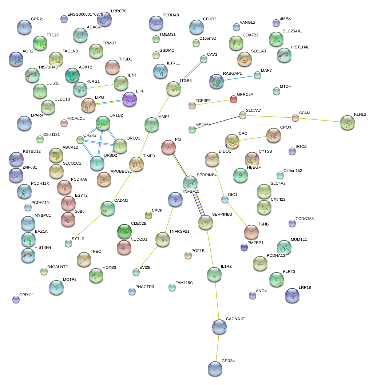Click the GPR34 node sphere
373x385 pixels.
click(215, 369)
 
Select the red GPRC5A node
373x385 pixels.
click(233, 99)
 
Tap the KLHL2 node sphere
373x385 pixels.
click(348, 122)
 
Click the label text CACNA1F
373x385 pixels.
click(235, 319)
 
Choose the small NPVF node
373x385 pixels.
click(148, 215)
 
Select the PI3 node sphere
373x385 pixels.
click(168, 147)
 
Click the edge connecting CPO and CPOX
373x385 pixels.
click(253, 138)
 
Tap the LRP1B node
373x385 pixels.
click(292, 295)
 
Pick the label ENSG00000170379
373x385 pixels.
click(85, 15)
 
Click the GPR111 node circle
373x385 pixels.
click(16, 299)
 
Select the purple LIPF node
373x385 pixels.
click(130, 99)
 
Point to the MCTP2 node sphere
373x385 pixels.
click(56, 287)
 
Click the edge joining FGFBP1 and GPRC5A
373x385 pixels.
click(213, 102)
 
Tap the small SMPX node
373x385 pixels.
click(276, 23)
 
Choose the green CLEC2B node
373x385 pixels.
click(124, 231)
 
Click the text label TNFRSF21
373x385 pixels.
click(179, 231)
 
